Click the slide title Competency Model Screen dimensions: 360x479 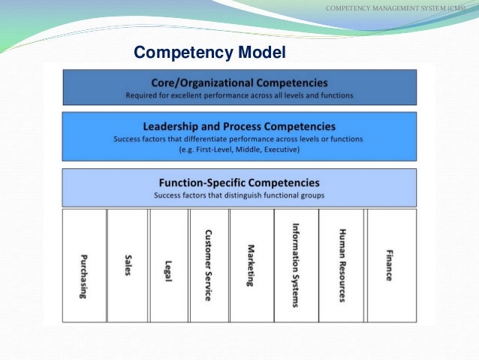209,53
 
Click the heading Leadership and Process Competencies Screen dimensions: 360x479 239,126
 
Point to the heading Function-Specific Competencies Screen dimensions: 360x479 239,183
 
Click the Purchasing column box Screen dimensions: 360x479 84,265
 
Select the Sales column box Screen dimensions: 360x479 128,265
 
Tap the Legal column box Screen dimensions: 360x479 169,265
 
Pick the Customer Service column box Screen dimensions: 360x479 209,265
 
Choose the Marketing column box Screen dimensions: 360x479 252,265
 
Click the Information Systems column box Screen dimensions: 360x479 296,265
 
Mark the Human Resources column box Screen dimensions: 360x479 342,265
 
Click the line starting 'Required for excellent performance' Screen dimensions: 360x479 239,96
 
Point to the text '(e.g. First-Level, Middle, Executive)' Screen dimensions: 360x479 239,150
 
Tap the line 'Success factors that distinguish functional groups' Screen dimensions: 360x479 239,195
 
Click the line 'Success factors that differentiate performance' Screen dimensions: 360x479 239,139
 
